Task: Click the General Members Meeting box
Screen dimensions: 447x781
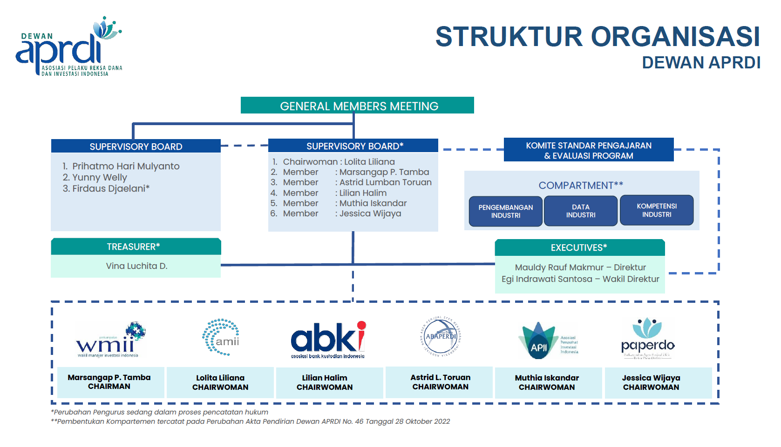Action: (357, 106)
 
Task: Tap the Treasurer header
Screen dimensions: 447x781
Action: (136, 247)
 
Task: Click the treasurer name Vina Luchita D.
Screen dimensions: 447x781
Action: (136, 266)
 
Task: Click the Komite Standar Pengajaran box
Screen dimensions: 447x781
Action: (588, 150)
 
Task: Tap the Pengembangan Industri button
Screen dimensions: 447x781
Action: (505, 211)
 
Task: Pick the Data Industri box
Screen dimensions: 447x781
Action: (580, 211)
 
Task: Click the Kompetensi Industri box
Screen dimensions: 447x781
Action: (656, 210)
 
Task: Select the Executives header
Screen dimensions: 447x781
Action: (579, 247)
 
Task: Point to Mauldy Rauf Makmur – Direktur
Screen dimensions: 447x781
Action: (580, 267)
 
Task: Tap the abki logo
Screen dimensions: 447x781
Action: (328, 339)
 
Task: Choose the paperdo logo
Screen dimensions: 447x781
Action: (647, 339)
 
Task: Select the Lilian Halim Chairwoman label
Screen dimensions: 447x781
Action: (325, 382)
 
